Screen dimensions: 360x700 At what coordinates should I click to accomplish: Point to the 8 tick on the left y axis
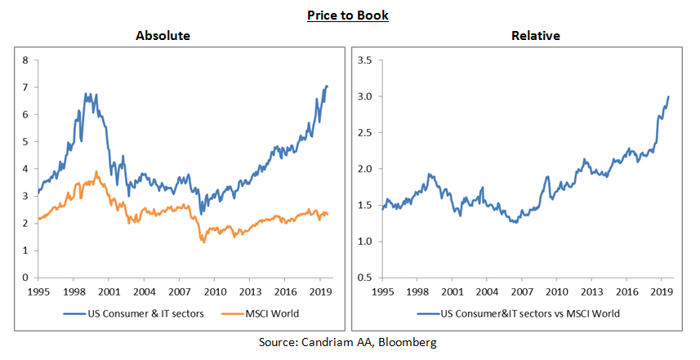tap(25, 60)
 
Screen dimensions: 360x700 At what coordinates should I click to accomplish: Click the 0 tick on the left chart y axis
tap(25, 278)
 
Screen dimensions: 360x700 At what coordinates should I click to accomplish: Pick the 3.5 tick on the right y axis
tap(365, 60)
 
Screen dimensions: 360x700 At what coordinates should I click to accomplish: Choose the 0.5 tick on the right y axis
tap(365, 278)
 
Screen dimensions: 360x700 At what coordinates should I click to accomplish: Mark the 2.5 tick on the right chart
tap(365, 133)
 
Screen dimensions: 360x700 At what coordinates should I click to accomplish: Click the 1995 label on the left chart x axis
tap(38, 291)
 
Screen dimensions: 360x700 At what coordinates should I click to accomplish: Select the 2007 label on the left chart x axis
tap(179, 291)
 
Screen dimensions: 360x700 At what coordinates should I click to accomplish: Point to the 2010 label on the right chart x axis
tap(556, 291)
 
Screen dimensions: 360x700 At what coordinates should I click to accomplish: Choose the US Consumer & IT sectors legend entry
tap(134, 313)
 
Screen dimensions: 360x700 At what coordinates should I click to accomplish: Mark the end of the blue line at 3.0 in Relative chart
tap(669, 96)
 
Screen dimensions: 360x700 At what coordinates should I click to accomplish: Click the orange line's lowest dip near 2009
tap(203, 242)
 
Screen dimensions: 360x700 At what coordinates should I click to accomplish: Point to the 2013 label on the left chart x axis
tap(249, 291)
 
